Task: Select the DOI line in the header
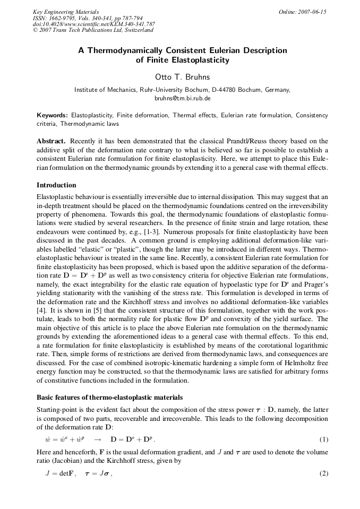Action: (93, 24)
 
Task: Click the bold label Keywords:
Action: (52, 115)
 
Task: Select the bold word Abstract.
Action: (50, 141)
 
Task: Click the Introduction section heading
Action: (56, 185)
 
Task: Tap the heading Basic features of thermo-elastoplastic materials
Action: (109, 398)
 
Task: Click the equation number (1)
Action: (323, 440)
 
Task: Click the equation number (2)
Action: (323, 473)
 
